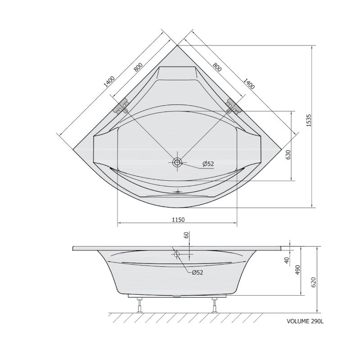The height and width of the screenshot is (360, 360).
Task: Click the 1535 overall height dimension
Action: tap(309, 121)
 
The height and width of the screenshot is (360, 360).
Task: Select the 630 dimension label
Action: tap(288, 155)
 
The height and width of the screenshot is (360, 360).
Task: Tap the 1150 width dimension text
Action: tap(178, 220)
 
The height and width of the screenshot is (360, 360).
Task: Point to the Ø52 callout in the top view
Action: tap(208, 164)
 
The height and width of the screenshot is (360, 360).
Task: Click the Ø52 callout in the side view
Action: tap(198, 273)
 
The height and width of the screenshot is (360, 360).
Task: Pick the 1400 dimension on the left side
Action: tap(109, 82)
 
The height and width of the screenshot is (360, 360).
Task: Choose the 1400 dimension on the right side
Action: tap(249, 84)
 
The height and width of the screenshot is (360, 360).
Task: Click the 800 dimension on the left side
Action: tap(139, 67)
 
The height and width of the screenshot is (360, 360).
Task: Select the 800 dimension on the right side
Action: tap(217, 67)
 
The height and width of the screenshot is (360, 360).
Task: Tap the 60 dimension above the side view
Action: tap(186, 235)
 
